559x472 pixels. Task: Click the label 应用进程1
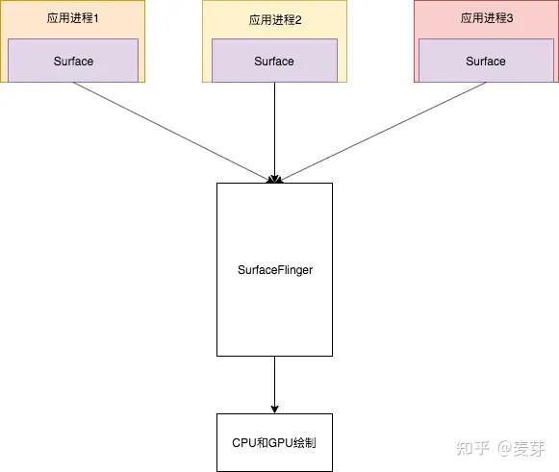coord(73,18)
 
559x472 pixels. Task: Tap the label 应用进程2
coord(274,18)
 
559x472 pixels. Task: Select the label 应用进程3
coord(485,18)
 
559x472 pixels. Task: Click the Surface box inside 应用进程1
coord(73,61)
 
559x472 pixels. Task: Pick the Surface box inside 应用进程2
coord(274,61)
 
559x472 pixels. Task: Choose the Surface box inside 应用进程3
coord(486,61)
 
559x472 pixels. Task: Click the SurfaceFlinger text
coord(274,270)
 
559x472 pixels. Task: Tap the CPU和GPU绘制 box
coord(274,442)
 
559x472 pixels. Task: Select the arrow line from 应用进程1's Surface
coord(173,131)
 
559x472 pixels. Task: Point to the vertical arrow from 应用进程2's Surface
coord(274,130)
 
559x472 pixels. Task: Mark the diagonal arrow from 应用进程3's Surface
coord(380,131)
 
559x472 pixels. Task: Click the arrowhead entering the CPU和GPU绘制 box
coord(274,409)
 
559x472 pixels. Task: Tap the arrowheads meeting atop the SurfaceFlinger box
coord(274,178)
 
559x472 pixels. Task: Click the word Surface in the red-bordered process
coord(486,61)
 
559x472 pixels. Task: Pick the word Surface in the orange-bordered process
coord(73,61)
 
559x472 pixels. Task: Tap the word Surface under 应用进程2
coord(274,61)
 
